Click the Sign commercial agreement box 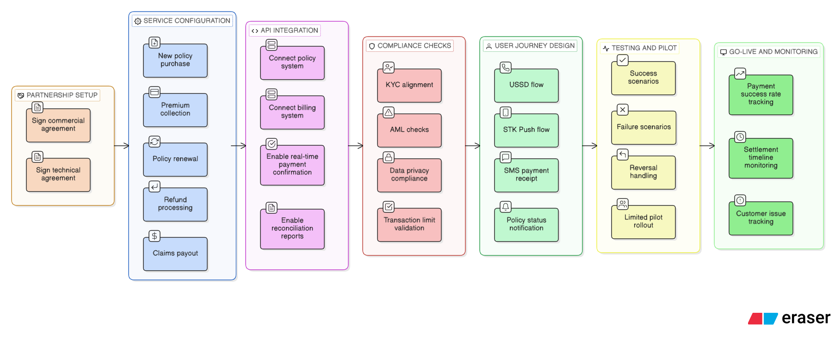pyautogui.click(x=58, y=125)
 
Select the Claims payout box pyautogui.click(x=175, y=254)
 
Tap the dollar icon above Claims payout pyautogui.click(x=155, y=236)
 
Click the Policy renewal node pyautogui.click(x=175, y=159)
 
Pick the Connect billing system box pyautogui.click(x=292, y=112)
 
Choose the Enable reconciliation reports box pyautogui.click(x=292, y=229)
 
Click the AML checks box pyautogui.click(x=409, y=130)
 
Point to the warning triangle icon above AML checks pyautogui.click(x=389, y=112)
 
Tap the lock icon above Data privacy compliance pyautogui.click(x=389, y=157)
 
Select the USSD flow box pyautogui.click(x=526, y=85)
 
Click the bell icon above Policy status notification pyautogui.click(x=506, y=207)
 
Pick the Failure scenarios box pyautogui.click(x=643, y=127)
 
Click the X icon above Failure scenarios pyautogui.click(x=623, y=110)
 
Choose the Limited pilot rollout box pyautogui.click(x=643, y=222)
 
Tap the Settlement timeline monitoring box pyautogui.click(x=761, y=158)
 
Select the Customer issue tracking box pyautogui.click(x=761, y=218)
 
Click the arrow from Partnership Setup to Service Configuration pyautogui.click(x=122, y=146)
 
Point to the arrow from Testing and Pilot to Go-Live pyautogui.click(x=707, y=146)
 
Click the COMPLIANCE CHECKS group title pyautogui.click(x=414, y=46)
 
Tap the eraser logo pyautogui.click(x=789, y=318)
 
